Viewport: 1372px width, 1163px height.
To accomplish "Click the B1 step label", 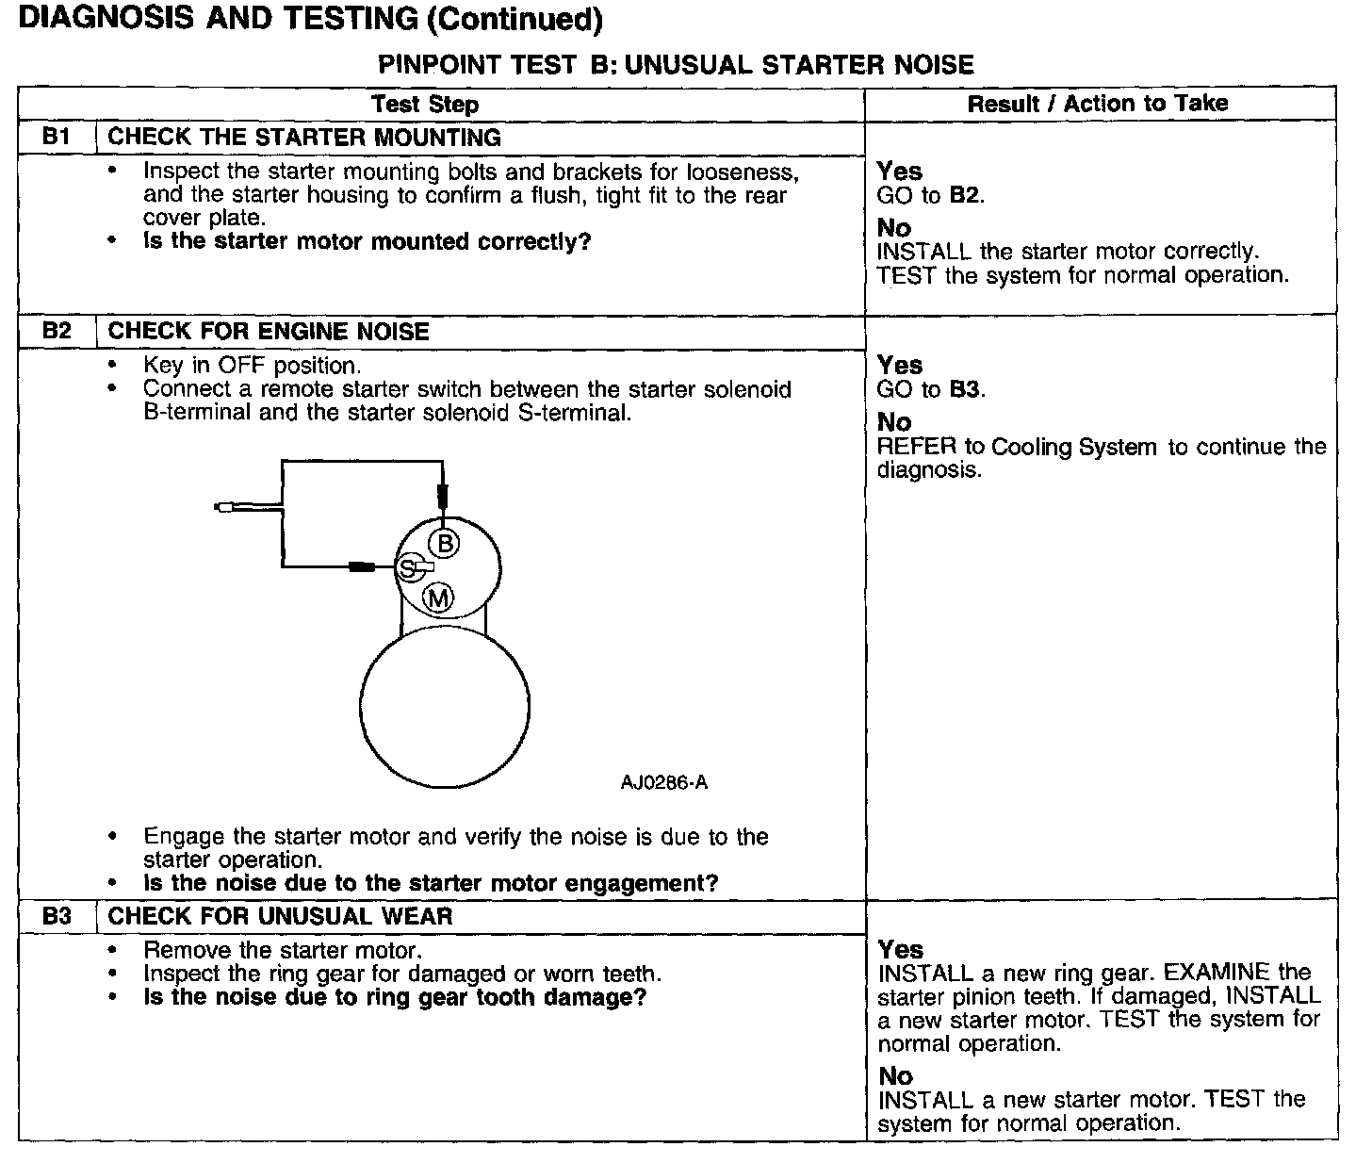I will pyautogui.click(x=57, y=137).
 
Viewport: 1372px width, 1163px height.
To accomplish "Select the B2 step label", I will pyautogui.click(x=57, y=331).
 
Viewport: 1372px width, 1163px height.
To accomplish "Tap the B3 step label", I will pyautogui.click(x=57, y=915).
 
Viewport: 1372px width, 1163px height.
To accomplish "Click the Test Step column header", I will pyautogui.click(x=424, y=104).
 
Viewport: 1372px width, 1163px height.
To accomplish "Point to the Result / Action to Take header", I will pyautogui.click(x=1098, y=103).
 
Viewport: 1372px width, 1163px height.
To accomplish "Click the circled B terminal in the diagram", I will pyautogui.click(x=444, y=543).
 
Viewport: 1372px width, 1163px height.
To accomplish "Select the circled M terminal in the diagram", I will pyautogui.click(x=438, y=598).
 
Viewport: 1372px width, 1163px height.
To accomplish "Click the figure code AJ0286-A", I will pyautogui.click(x=663, y=783).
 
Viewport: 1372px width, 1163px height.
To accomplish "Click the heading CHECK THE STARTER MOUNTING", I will pyautogui.click(x=303, y=137).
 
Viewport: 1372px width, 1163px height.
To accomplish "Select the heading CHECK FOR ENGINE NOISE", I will pyautogui.click(x=269, y=331).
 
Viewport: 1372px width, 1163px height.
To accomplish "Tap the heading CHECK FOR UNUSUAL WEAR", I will pyautogui.click(x=280, y=915).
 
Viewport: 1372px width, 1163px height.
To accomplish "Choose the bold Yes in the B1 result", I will pyautogui.click(x=899, y=171).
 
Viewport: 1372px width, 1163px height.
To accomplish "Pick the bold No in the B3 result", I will pyautogui.click(x=895, y=1075).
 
